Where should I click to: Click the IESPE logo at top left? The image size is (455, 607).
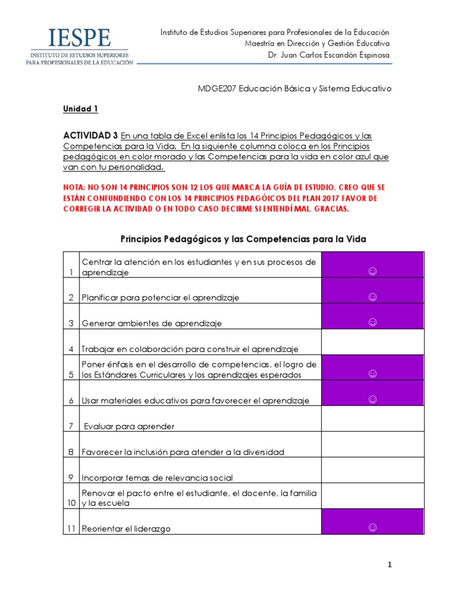point(77,46)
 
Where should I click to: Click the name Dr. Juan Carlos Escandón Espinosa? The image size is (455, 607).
point(329,56)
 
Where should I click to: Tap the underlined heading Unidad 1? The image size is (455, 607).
point(81,109)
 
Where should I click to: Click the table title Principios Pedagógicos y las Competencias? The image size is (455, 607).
point(243,239)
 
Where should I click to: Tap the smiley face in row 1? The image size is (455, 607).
point(373,271)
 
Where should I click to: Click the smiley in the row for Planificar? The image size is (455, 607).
point(373,296)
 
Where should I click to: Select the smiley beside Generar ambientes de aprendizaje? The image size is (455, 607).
point(373,322)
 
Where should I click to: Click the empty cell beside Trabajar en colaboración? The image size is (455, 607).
point(373,342)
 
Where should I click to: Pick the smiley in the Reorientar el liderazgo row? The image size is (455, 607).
point(373,528)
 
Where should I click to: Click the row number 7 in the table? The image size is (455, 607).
point(71,426)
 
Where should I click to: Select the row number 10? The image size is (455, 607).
point(71,503)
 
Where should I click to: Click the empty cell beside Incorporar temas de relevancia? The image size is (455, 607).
point(373,470)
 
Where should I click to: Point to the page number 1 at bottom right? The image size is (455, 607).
point(389,565)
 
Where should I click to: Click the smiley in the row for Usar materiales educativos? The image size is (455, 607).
point(373,399)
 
